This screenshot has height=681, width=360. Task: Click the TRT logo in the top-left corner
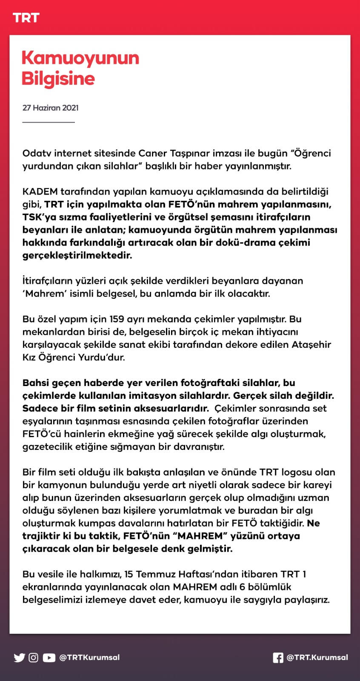[26, 18]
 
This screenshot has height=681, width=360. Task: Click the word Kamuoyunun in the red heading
[80, 58]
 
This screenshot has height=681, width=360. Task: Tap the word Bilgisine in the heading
[58, 79]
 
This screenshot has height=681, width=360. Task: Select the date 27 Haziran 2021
[50, 108]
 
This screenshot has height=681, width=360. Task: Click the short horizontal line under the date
[48, 122]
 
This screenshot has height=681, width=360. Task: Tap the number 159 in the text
[117, 319]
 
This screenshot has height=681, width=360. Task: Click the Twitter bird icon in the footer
[19, 658]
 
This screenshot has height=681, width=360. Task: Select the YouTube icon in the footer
[49, 658]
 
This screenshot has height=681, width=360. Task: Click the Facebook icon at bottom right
[277, 658]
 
